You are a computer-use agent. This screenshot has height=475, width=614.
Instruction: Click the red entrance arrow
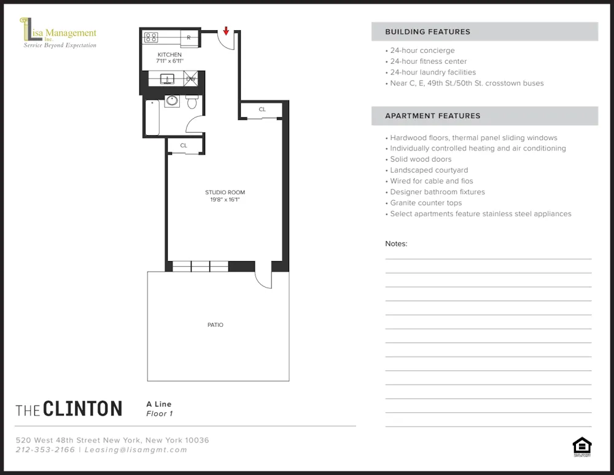click(x=226, y=31)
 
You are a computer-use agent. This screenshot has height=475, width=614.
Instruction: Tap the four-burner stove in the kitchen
click(x=151, y=37)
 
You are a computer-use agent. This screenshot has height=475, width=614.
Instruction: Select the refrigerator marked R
click(x=188, y=37)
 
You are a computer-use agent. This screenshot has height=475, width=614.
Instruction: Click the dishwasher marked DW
click(x=191, y=79)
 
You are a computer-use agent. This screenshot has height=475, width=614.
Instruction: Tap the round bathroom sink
click(x=172, y=101)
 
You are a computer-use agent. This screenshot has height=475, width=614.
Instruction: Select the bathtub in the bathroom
click(x=152, y=117)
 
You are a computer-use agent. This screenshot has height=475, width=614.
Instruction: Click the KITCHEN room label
click(x=169, y=55)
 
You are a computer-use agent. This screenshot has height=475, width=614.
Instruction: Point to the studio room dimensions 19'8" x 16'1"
click(x=225, y=200)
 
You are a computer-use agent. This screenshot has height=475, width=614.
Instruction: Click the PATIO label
click(x=216, y=324)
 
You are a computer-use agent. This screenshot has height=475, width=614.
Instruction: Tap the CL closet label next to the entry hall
click(x=262, y=109)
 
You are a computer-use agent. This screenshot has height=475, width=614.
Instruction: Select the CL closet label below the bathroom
click(x=184, y=146)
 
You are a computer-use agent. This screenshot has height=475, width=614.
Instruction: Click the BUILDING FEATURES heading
click(x=427, y=32)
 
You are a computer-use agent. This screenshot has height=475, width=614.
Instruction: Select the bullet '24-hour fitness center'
click(x=428, y=61)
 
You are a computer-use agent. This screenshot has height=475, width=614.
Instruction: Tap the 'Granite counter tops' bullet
click(x=426, y=203)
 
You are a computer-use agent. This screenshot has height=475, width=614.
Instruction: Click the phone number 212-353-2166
click(x=45, y=450)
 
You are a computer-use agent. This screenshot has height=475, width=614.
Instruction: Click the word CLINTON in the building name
click(x=83, y=409)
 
